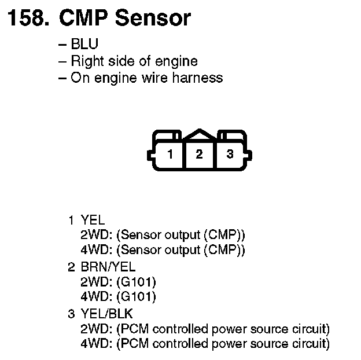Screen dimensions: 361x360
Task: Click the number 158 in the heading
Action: (x=28, y=19)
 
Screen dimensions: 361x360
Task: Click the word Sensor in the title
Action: (x=152, y=19)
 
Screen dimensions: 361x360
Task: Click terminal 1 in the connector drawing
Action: (x=170, y=155)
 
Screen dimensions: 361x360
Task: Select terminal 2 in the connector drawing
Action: (x=199, y=155)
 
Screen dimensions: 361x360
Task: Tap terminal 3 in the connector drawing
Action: (x=230, y=155)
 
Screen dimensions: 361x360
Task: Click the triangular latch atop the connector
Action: (x=199, y=134)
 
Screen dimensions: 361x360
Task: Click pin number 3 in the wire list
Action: (x=71, y=314)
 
